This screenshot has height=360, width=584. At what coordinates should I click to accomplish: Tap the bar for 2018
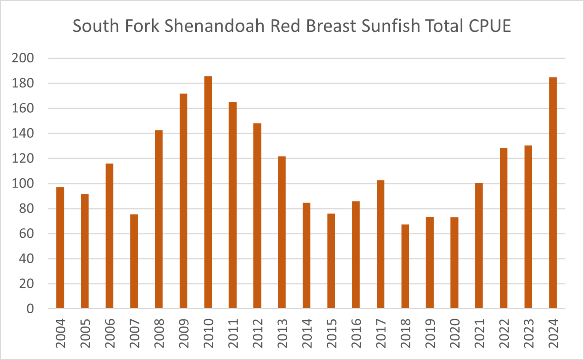coord(405,266)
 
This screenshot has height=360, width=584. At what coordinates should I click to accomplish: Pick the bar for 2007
coord(134,261)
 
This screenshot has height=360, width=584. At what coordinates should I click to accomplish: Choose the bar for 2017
coord(380,244)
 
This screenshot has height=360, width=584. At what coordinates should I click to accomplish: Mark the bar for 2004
coord(60,248)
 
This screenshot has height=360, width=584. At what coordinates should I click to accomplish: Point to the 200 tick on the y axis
coord(23,58)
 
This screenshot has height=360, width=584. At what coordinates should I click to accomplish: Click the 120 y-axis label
coord(23,158)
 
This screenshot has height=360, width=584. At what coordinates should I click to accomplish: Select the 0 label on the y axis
coord(30,309)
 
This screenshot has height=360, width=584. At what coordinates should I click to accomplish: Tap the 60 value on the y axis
coord(26,234)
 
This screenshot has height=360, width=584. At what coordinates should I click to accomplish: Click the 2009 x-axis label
coord(184,333)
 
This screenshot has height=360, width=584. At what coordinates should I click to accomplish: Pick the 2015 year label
coord(331,333)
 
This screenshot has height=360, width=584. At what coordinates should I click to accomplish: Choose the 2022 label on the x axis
coord(504,333)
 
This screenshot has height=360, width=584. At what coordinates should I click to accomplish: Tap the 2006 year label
coord(109,333)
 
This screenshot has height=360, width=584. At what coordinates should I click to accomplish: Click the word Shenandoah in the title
coord(215,26)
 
